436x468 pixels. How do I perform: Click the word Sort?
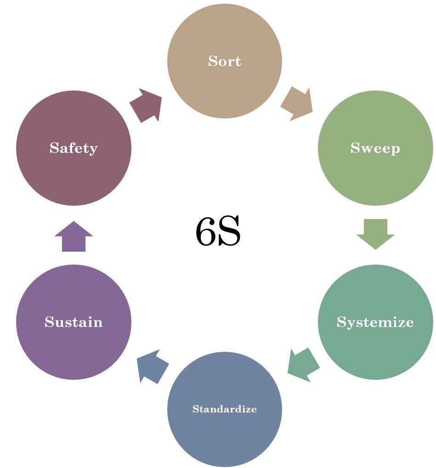pyautogui.click(x=224, y=61)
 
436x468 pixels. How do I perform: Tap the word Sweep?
pyautogui.click(x=375, y=148)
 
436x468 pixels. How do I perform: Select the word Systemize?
pyautogui.click(x=375, y=322)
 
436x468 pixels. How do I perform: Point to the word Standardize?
pyautogui.click(x=224, y=409)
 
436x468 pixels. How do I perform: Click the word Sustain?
pyautogui.click(x=74, y=322)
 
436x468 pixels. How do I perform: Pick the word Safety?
pyautogui.click(x=74, y=148)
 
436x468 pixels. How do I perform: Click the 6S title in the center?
pyautogui.click(x=218, y=232)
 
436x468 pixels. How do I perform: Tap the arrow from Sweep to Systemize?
pyautogui.click(x=375, y=233)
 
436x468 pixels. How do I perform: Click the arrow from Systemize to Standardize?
pyautogui.click(x=303, y=364)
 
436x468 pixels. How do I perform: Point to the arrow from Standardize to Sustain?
pyautogui.click(x=153, y=366)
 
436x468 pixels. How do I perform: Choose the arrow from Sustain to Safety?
pyautogui.click(x=74, y=237)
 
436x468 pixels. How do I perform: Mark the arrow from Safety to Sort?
pyautogui.click(x=146, y=106)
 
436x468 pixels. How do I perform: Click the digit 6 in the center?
pyautogui.click(x=206, y=232)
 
